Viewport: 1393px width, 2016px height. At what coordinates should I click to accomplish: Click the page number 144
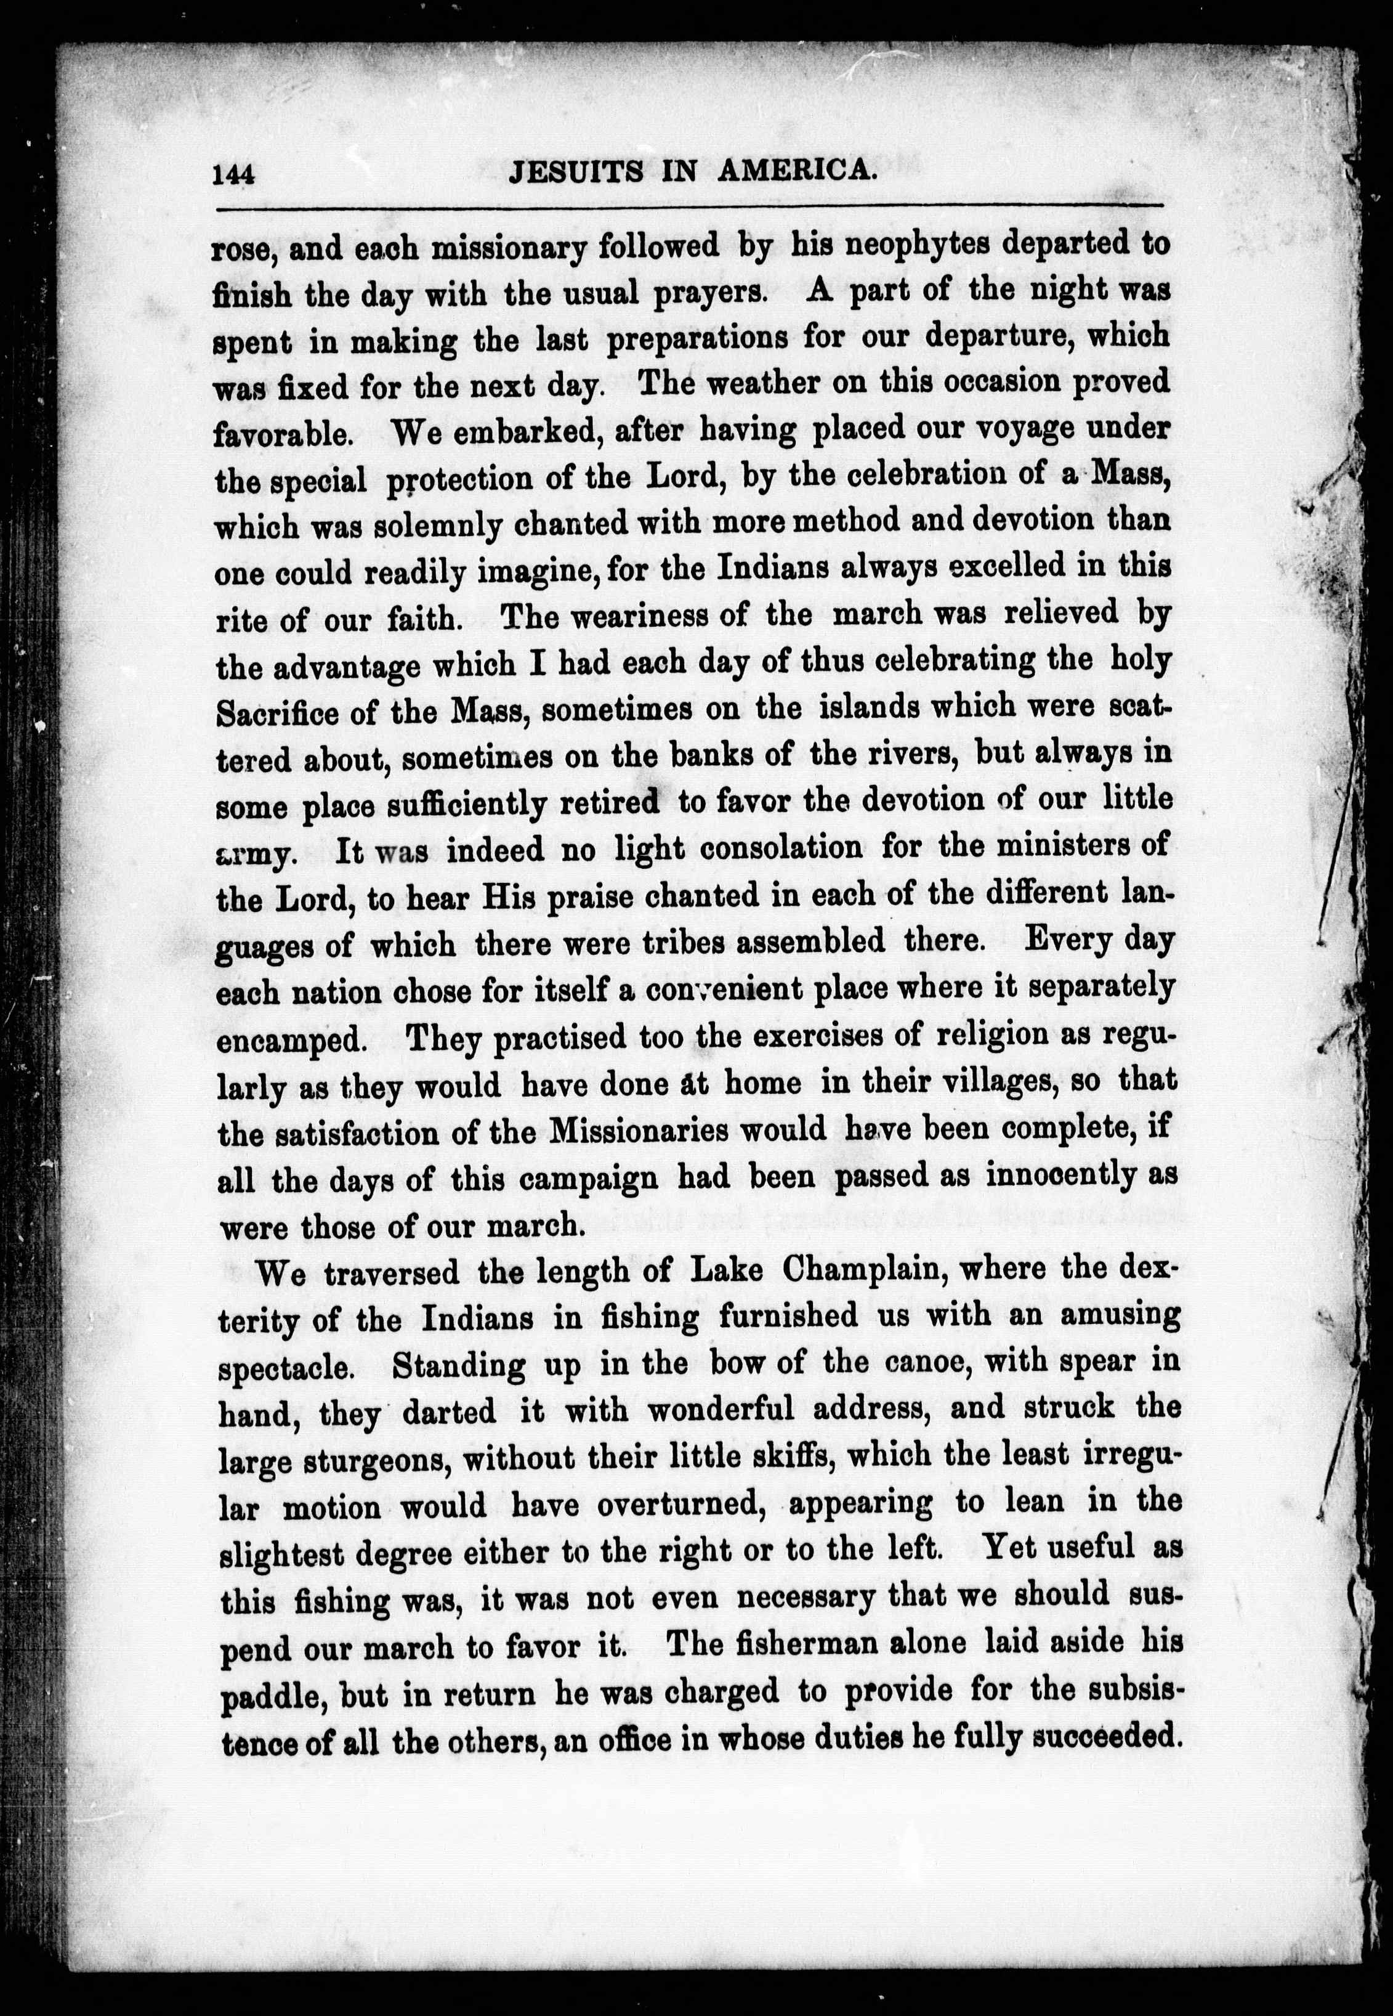(233, 173)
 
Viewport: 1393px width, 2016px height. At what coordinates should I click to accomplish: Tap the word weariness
(646, 617)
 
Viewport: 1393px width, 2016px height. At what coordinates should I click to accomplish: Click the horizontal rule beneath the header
(690, 207)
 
